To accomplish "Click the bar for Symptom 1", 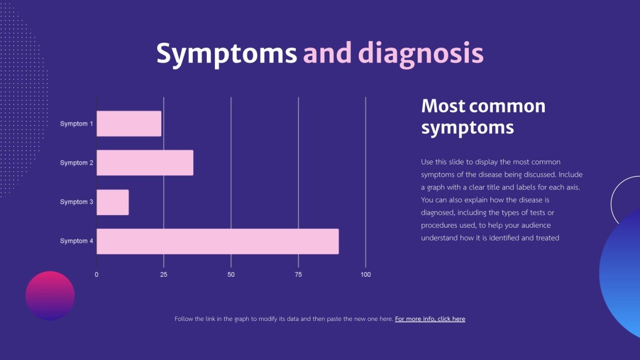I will (129, 124).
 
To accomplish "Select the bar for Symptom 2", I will (145, 163).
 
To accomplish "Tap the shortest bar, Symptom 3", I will (113, 202).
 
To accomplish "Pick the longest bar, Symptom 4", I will (218, 241).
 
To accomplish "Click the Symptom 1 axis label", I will (77, 124).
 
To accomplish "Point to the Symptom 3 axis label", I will (77, 202).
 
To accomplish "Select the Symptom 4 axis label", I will (77, 241).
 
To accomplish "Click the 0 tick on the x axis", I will (97, 275).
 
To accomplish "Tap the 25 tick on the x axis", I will (164, 275).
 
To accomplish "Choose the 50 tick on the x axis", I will (231, 275).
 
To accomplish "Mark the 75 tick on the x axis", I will (298, 275).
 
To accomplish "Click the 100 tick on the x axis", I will (365, 275).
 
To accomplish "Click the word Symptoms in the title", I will (226, 54).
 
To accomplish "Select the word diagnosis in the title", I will (421, 54).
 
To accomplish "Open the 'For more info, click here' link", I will (430, 319).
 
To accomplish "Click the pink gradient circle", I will (50, 295).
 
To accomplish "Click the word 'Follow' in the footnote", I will (184, 319).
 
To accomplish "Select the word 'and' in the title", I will (327, 54).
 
